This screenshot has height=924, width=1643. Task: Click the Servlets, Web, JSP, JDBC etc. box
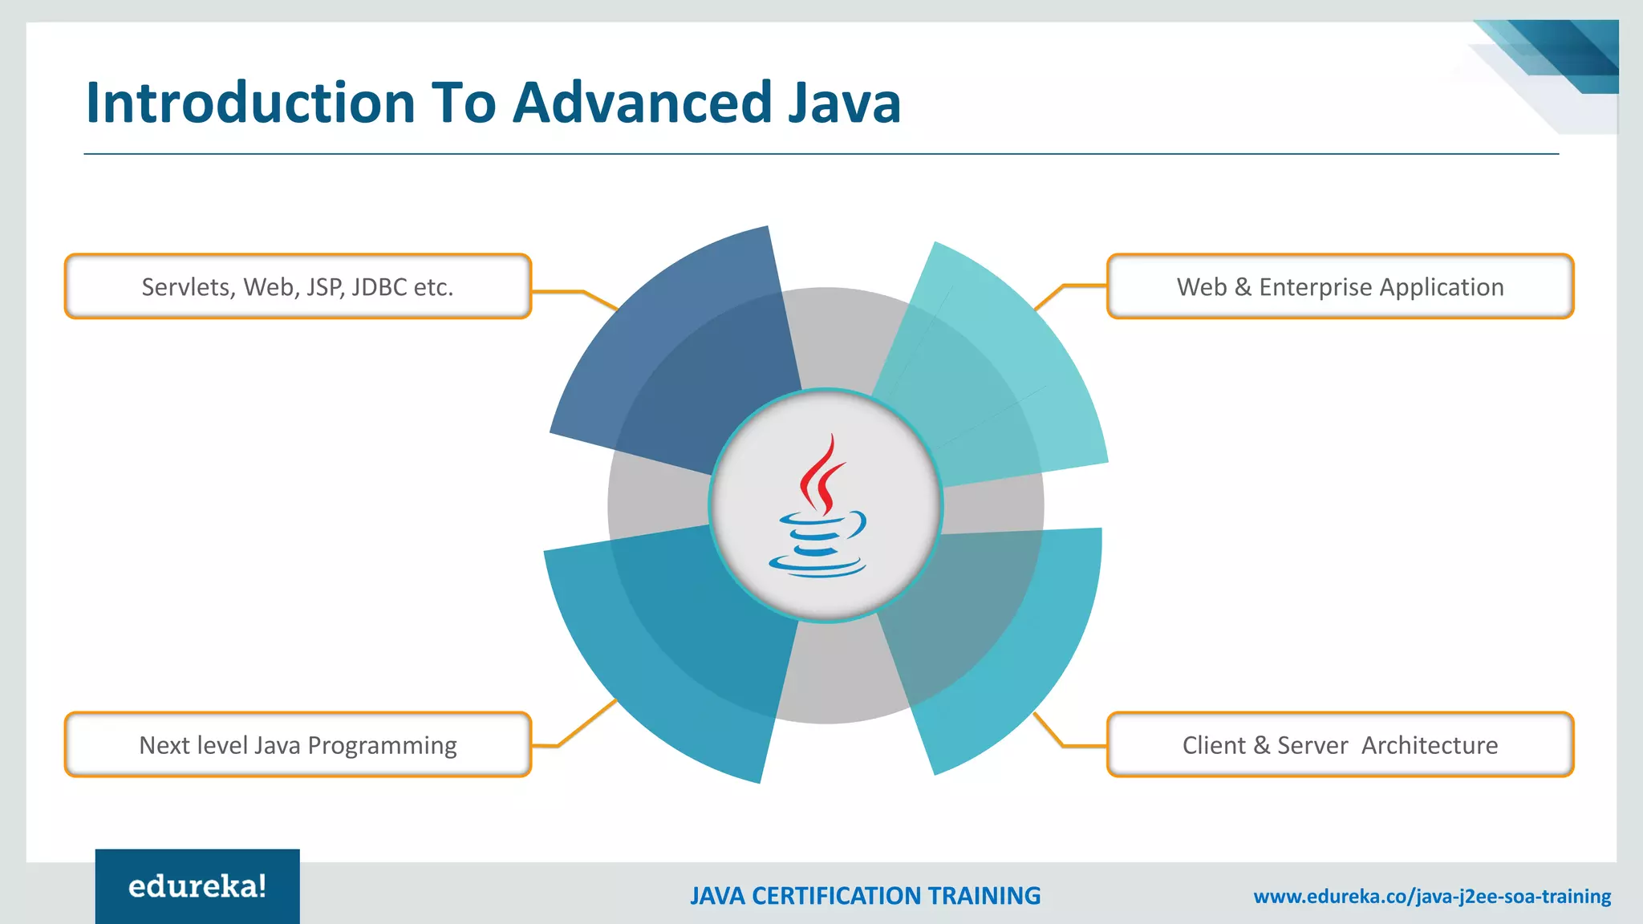tap(298, 286)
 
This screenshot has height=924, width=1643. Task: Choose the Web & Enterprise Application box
tap(1340, 286)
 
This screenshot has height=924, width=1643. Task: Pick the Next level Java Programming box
tap(298, 745)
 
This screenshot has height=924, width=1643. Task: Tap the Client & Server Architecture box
tap(1340, 745)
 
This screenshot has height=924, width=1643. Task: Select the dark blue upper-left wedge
tap(674, 353)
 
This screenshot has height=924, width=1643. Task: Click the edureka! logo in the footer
tap(197, 886)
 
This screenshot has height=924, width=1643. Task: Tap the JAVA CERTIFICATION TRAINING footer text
tap(865, 896)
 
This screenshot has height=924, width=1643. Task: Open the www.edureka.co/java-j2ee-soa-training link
tap(1432, 896)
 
